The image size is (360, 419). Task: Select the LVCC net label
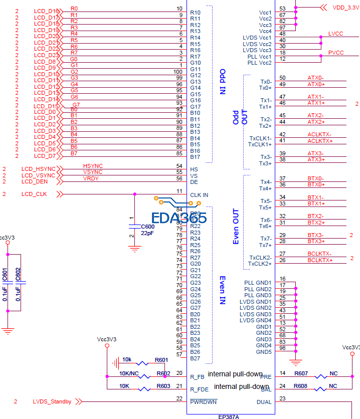pyautogui.click(x=335, y=34)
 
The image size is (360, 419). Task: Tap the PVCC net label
pyautogui.click(x=336, y=53)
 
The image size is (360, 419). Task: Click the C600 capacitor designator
pyautogui.click(x=147, y=227)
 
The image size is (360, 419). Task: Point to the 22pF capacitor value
pyautogui.click(x=147, y=234)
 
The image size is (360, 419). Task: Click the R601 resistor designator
pyautogui.click(x=162, y=359)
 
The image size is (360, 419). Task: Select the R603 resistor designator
pyautogui.click(x=163, y=386)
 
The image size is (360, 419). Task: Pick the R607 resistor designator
pyautogui.click(x=301, y=373)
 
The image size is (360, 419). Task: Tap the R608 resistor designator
pyautogui.click(x=301, y=386)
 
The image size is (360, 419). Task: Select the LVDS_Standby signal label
pyautogui.click(x=52, y=401)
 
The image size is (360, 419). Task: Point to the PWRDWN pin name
pyautogui.click(x=203, y=402)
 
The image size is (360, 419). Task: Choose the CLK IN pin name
pyautogui.click(x=199, y=194)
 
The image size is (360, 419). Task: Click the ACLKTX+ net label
pyautogui.click(x=319, y=141)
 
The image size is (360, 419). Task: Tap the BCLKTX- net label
pyautogui.click(x=319, y=254)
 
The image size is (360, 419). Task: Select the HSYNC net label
pyautogui.click(x=93, y=165)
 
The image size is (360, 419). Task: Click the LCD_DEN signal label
pyautogui.click(x=35, y=181)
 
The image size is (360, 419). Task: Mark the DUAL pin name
pyautogui.click(x=264, y=402)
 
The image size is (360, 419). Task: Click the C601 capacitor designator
pyautogui.click(x=5, y=274)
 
